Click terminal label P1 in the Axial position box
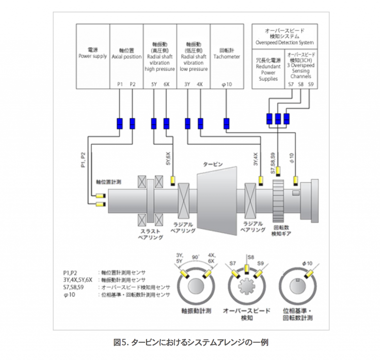(x=120, y=84)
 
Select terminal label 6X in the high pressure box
(x=166, y=84)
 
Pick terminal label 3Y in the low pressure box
(x=187, y=84)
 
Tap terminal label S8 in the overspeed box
(x=300, y=84)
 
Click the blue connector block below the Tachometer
(x=227, y=123)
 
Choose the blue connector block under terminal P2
(x=132, y=123)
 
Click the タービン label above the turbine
(x=214, y=164)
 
